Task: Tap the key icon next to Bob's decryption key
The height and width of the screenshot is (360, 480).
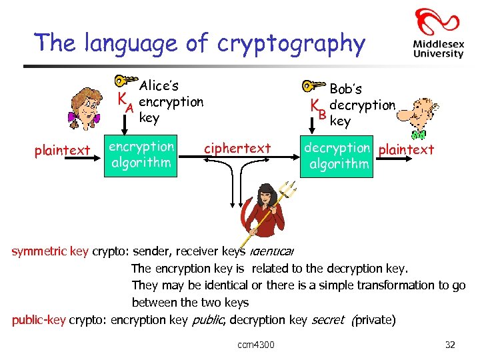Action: [x=312, y=86]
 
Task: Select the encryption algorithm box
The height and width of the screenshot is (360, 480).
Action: [x=141, y=155]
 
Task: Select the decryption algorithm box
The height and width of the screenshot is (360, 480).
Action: [x=337, y=155]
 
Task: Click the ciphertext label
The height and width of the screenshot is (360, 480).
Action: [x=237, y=148]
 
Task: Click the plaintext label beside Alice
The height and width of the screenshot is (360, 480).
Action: [x=62, y=151]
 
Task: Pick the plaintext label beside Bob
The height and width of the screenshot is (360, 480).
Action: [x=406, y=149]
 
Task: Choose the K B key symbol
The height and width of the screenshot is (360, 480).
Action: [x=318, y=109]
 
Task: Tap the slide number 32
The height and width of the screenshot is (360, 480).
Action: [x=449, y=345]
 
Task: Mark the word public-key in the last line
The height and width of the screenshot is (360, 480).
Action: [x=39, y=320]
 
